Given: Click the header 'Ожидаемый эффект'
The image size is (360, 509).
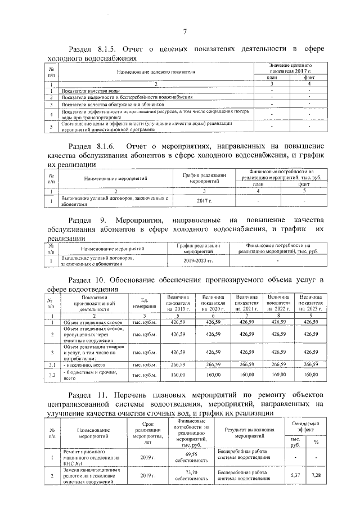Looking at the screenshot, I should [x=306, y=426].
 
